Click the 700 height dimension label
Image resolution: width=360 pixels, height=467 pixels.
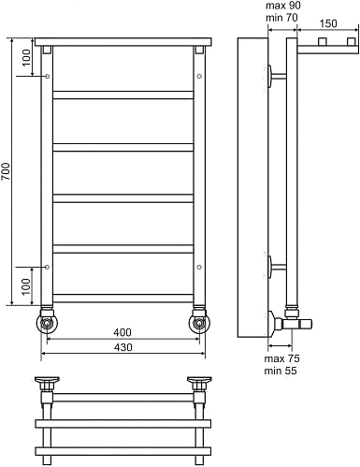[7, 171]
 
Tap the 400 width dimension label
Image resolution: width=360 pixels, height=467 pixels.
[122, 332]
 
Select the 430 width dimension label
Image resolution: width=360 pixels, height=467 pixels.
[122, 347]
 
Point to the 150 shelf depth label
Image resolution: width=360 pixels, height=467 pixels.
[328, 23]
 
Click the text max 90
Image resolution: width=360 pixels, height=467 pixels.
[283, 6]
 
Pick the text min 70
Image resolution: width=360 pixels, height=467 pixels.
[281, 18]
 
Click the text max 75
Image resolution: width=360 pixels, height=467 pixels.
[282, 358]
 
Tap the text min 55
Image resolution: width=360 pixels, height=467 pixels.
[281, 371]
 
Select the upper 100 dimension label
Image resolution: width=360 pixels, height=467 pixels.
[27, 57]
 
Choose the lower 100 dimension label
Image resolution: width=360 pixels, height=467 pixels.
[27, 285]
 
